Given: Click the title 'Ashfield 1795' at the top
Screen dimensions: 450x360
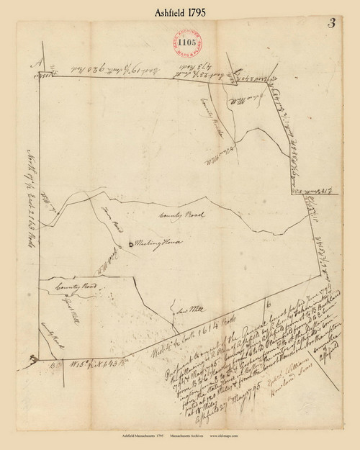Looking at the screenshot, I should [x=179, y=12].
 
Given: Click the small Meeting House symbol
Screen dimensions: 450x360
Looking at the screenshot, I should [x=130, y=245].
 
